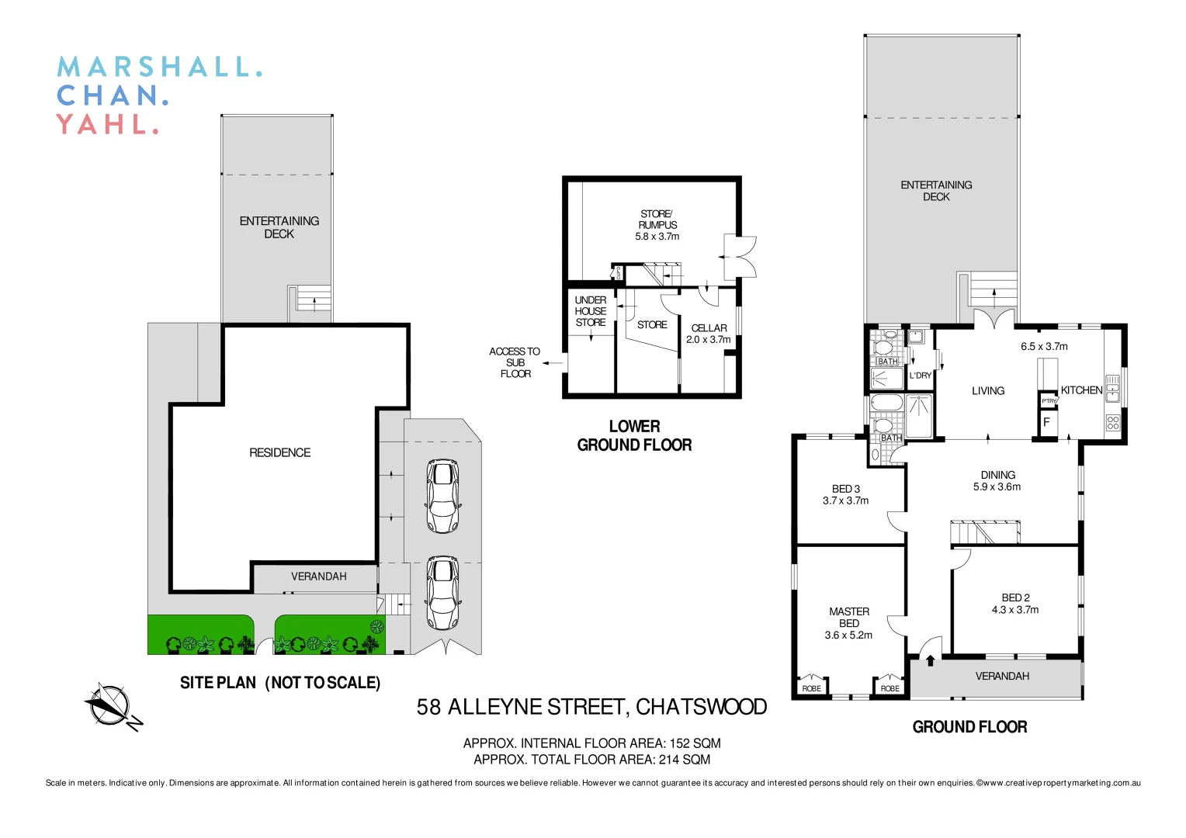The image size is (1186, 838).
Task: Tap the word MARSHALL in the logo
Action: coord(159,67)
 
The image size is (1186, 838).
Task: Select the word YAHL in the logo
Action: coord(107,124)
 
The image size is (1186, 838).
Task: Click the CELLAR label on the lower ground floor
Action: coord(709,328)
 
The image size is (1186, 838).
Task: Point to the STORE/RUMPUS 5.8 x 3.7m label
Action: coord(657,225)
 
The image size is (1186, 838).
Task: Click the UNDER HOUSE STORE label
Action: coord(591,311)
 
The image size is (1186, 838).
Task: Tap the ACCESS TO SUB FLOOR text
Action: coord(515,362)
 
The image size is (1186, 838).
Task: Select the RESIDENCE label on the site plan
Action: coord(279,452)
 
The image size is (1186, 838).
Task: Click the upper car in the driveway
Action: coord(442,497)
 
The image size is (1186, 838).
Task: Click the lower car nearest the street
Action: coord(442,593)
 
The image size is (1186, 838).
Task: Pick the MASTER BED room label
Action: coord(848,618)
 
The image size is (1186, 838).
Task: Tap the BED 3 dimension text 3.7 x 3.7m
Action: coord(845,501)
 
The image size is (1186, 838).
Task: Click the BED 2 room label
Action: coord(1015,597)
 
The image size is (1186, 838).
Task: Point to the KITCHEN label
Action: coord(1081,390)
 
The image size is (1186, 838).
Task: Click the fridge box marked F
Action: coord(1046,423)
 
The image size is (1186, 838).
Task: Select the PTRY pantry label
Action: coord(1049,401)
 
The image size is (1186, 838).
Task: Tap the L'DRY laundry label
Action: coord(921,376)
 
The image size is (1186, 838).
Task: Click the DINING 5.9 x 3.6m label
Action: coord(997,481)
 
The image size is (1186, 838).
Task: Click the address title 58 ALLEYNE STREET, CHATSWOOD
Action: coord(591,707)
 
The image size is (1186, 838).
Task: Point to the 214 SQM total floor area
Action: coord(684,760)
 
